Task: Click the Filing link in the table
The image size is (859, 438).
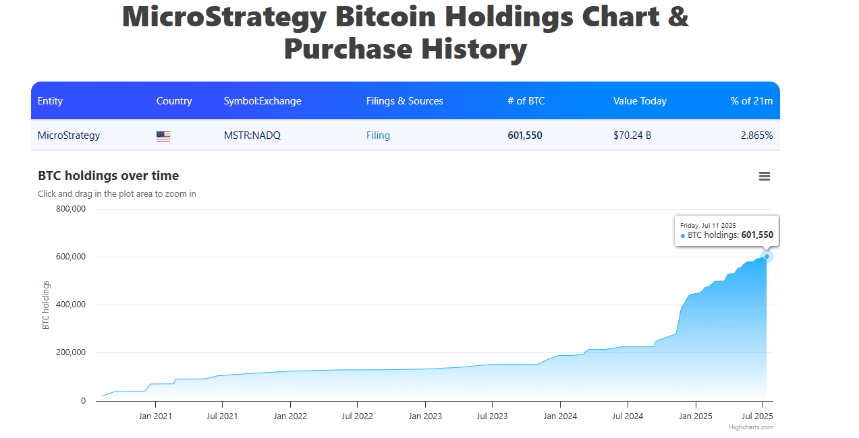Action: tap(378, 135)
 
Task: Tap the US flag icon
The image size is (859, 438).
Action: tap(163, 136)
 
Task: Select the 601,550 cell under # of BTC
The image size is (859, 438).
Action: tap(524, 135)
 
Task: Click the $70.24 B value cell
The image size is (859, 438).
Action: tap(632, 135)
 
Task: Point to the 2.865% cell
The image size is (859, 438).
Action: tap(756, 135)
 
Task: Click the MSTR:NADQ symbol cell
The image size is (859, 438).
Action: tap(252, 135)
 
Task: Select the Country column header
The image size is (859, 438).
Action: tap(174, 101)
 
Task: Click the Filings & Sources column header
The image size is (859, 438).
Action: tap(404, 101)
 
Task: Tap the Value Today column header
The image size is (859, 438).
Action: tap(640, 101)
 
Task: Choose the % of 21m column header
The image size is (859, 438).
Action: tap(751, 101)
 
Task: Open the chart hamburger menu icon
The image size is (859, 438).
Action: tap(765, 177)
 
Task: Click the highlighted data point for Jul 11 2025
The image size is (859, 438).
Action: tap(767, 256)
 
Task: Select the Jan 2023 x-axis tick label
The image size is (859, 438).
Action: tap(425, 416)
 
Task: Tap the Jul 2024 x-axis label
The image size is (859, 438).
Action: tap(627, 416)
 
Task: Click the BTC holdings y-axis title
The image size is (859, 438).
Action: tap(46, 305)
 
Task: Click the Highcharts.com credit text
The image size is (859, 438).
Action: tap(750, 427)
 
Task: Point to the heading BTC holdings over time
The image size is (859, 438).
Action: tap(108, 176)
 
